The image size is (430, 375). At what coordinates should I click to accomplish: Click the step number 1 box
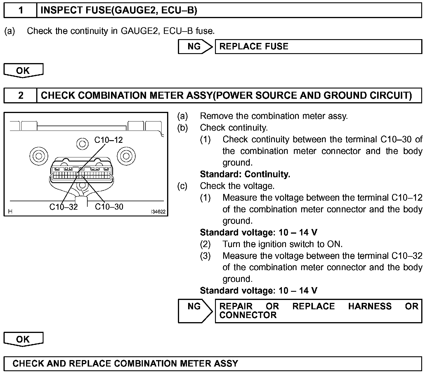[20, 11]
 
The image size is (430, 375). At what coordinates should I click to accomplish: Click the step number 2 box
[20, 96]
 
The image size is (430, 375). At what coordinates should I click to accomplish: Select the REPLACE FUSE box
[318, 47]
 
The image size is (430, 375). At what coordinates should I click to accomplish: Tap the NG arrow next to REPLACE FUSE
[195, 47]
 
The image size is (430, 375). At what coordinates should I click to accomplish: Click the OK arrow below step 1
[23, 71]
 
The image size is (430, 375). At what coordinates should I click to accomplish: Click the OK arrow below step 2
[23, 339]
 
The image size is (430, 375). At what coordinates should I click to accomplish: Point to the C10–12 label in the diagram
[108, 140]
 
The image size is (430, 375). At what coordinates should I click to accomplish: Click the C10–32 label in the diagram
[63, 207]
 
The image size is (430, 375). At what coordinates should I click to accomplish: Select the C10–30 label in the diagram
[109, 207]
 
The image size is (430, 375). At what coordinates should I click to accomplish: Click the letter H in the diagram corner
[10, 211]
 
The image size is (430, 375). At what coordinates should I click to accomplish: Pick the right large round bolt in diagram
[126, 156]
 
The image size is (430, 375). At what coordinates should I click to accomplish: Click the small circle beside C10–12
[82, 143]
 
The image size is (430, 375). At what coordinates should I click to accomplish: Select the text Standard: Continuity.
[245, 174]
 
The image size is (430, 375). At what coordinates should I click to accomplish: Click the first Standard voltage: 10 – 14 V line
[259, 232]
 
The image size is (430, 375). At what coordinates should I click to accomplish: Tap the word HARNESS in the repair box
[370, 306]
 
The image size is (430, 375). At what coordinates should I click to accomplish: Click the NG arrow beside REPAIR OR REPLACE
[195, 310]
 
